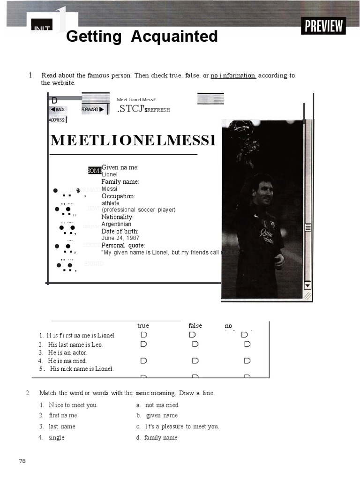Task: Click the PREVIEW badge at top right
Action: click(323, 26)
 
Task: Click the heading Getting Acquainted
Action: click(142, 37)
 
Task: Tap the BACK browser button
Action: click(58, 109)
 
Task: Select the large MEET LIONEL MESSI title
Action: click(133, 140)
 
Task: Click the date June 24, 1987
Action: click(120, 238)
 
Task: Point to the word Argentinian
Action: click(116, 224)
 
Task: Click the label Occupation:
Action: click(118, 196)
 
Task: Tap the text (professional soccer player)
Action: click(138, 210)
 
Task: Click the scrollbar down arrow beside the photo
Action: click(307, 285)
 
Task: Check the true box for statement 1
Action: click(143, 335)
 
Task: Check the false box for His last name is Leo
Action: click(195, 344)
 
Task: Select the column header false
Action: click(195, 326)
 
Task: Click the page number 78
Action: click(22, 461)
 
